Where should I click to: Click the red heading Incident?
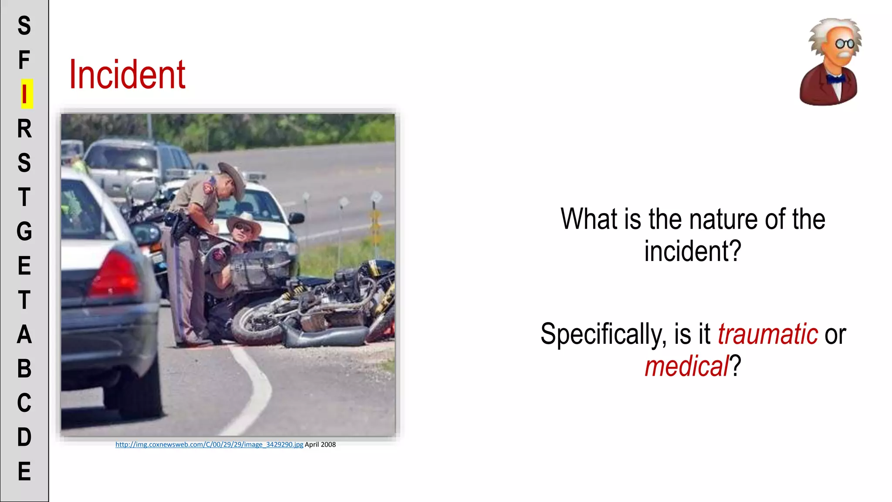click(x=127, y=75)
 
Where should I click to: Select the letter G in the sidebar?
click(x=24, y=231)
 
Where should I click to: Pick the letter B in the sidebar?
click(x=24, y=369)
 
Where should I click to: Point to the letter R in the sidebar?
click(x=24, y=129)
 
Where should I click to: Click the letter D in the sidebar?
click(x=24, y=437)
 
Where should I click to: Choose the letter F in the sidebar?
click(x=24, y=60)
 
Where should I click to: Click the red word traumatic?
click(x=767, y=334)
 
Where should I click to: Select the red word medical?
click(x=686, y=366)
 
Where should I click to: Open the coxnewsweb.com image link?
click(x=209, y=444)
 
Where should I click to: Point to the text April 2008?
click(x=320, y=444)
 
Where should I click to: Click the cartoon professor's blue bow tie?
click(x=835, y=79)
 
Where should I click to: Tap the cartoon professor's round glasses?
click(x=845, y=44)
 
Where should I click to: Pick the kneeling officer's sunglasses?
click(x=242, y=227)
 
